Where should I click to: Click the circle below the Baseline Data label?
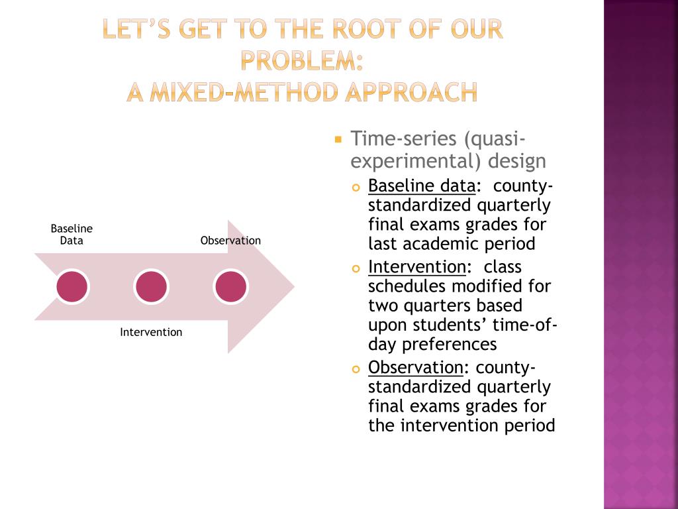click(x=72, y=286)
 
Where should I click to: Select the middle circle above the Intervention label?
click(x=151, y=286)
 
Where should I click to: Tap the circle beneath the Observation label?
click(x=230, y=286)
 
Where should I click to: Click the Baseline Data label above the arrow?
click(x=72, y=235)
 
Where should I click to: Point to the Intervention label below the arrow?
click(x=151, y=332)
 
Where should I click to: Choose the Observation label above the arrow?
click(x=230, y=241)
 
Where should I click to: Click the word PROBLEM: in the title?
click(x=302, y=61)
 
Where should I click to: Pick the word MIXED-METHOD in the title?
click(x=240, y=92)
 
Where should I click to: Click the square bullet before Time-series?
click(x=338, y=140)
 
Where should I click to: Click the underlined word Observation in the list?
click(x=415, y=367)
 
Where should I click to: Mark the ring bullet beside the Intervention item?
click(x=356, y=269)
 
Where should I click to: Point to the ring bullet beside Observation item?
click(x=356, y=369)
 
